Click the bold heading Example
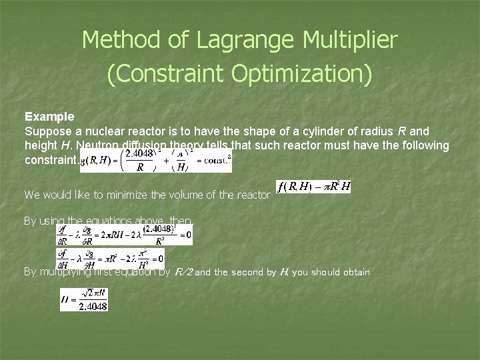point(49,117)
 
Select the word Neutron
point(98,145)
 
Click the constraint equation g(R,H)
point(155,160)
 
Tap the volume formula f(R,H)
point(313,187)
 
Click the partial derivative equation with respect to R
point(124,235)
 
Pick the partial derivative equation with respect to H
point(110,258)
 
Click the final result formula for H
point(83,300)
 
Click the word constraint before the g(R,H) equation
point(49,160)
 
